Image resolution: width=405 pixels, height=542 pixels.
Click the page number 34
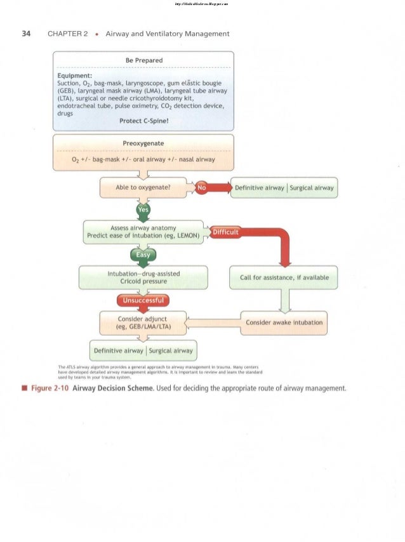[x=26, y=34]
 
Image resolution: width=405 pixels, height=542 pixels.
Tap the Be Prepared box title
[x=143, y=60]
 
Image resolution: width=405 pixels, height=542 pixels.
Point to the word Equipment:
[x=76, y=75]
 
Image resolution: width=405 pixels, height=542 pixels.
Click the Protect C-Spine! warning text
[x=143, y=121]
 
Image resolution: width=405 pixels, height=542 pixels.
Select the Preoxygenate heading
[x=143, y=143]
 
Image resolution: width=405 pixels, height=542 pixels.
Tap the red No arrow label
[x=202, y=188]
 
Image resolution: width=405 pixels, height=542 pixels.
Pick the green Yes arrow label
[x=143, y=210]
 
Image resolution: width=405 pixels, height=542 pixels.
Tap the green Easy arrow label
[x=143, y=254]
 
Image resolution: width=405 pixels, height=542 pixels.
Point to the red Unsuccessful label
[x=143, y=300]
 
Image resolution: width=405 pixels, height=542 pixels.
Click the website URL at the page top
[x=202, y=4]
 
